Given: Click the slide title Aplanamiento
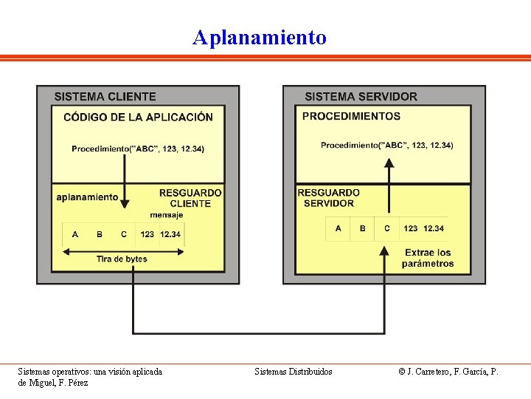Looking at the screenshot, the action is pos(259,37).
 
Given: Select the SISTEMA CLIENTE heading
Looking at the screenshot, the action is pos(105,97).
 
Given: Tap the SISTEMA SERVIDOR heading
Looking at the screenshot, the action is pos(361,97).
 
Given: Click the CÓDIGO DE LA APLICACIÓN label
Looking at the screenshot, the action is pos(138,117).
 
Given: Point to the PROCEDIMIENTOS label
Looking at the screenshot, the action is pos(351,116).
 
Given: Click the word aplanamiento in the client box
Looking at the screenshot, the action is pos(87,197).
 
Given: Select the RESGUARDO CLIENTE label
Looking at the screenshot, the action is pos(190,198).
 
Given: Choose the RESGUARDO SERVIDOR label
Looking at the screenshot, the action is pos(328,198).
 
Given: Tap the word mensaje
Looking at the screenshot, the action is pos(167,215).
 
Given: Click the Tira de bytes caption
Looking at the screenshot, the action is pos(122,259).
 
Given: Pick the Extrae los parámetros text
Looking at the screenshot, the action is pos(428,258).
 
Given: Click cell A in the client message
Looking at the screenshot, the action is pos(75,234).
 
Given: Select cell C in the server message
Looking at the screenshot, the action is pos(387,228).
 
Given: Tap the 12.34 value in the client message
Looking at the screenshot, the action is pos(170,234).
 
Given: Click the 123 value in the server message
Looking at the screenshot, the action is pos(411,228).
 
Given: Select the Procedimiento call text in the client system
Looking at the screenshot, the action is pos(138,149).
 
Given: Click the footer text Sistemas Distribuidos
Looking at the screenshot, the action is pos(294,372).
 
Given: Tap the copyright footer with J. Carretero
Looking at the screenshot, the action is pos(448,372).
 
